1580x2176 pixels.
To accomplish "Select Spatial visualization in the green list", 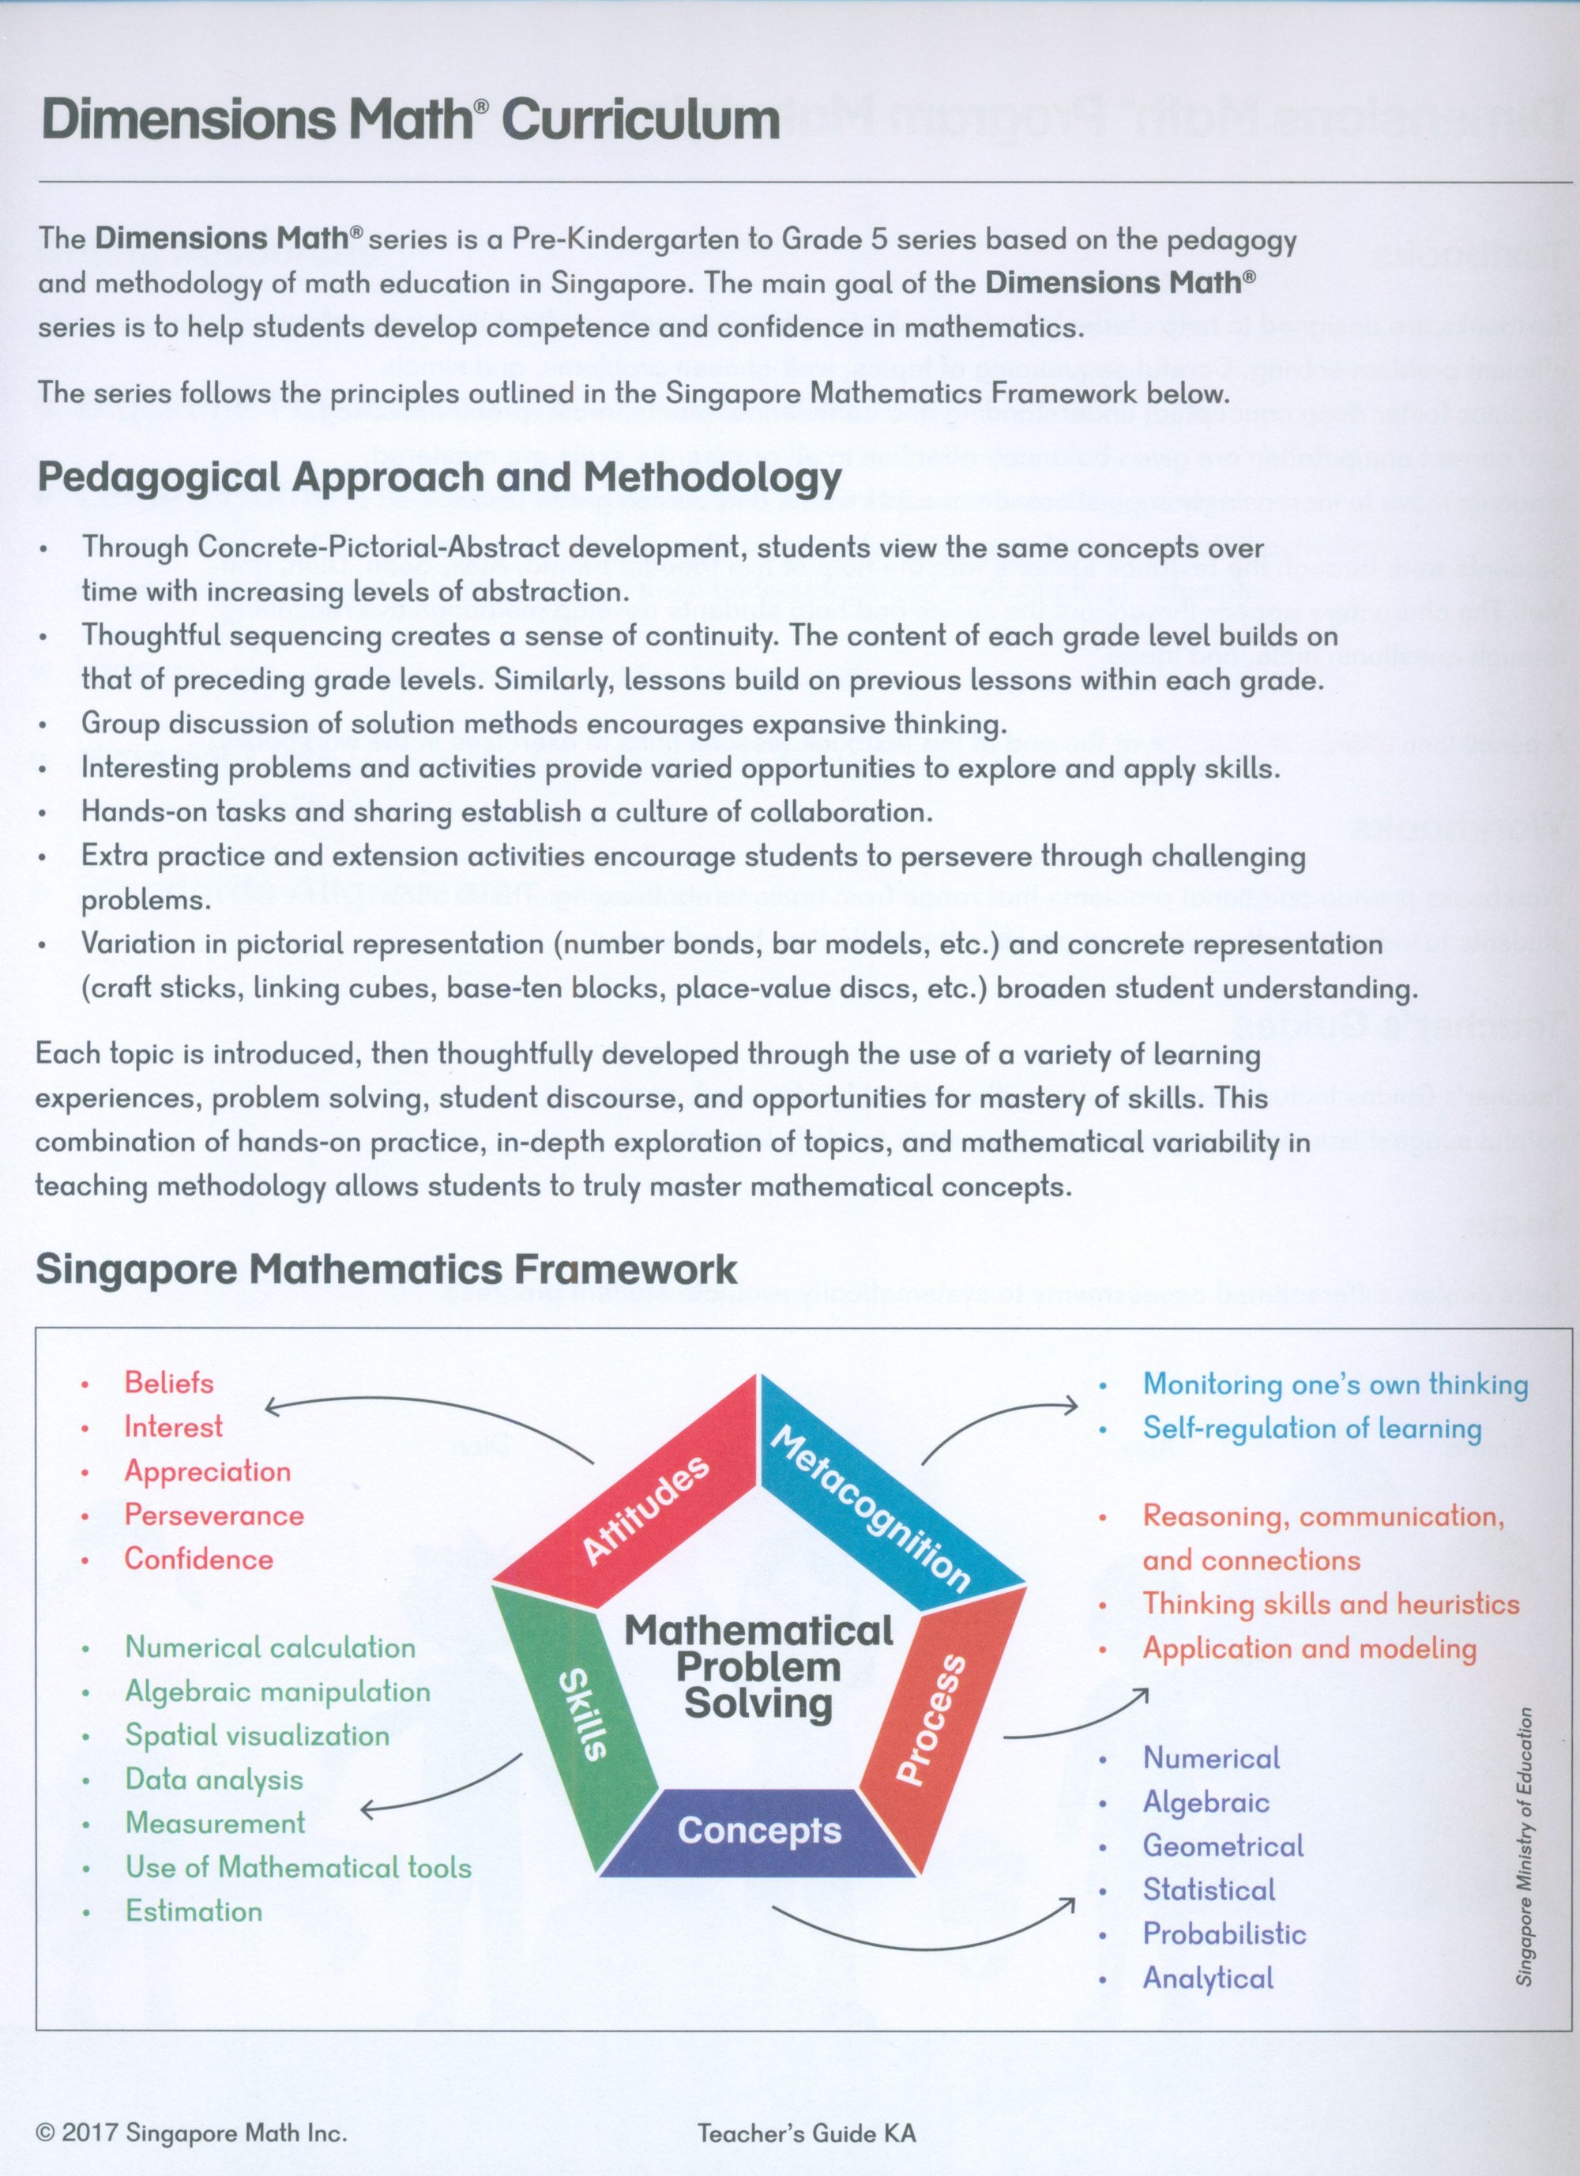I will coord(257,1734).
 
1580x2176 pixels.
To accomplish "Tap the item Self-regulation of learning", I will coord(1311,1428).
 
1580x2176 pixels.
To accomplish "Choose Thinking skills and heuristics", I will coord(1330,1603).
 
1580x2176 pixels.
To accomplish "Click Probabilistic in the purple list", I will coord(1223,1933).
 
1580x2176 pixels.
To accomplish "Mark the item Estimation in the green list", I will coord(194,1911).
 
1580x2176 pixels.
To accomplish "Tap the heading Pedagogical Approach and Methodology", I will coord(438,477).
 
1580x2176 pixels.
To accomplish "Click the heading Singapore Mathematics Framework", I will coord(386,1269).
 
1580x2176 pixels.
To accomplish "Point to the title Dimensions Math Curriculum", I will coord(411,120).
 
